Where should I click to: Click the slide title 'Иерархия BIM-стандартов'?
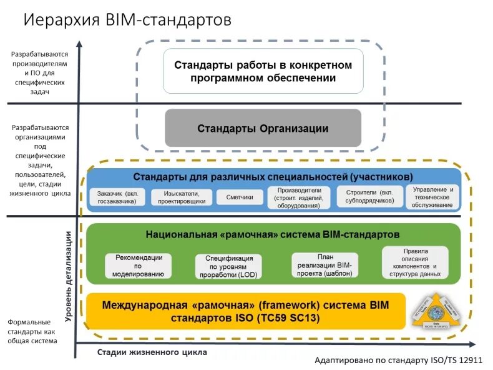coord(127,20)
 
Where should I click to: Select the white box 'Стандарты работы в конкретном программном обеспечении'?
coord(263,71)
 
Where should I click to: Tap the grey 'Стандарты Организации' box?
coord(263,128)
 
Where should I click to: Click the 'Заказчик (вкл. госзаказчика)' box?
coord(117,197)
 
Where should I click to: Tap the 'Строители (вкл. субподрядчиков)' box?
coord(369,197)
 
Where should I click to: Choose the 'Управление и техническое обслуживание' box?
coord(432,197)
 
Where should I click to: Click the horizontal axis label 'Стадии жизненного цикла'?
coord(152,352)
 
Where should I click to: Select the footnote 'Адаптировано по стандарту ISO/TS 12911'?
coord(399,361)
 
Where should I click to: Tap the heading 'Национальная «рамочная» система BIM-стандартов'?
coord(273,234)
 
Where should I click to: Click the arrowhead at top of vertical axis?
coord(79,44)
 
